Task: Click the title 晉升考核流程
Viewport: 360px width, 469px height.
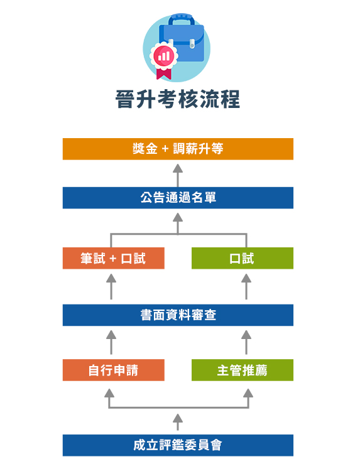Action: [178, 99]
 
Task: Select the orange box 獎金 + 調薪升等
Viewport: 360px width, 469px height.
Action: [178, 149]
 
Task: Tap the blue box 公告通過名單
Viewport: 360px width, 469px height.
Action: [178, 198]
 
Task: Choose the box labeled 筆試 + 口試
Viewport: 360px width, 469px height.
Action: [114, 258]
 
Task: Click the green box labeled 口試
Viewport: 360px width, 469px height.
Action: [243, 258]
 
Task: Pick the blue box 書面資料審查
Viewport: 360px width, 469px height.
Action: [178, 315]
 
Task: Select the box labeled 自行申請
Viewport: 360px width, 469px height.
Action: [114, 370]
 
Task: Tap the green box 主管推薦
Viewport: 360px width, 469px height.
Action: [243, 370]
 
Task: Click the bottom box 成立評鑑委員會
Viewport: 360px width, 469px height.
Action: [178, 445]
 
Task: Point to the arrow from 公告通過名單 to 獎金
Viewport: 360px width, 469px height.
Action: [178, 175]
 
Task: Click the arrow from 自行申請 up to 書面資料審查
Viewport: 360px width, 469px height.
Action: [111, 342]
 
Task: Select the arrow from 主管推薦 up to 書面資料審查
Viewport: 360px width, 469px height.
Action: [246, 342]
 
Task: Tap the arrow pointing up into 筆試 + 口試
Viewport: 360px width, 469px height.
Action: [111, 286]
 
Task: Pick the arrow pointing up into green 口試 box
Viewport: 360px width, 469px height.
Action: [246, 286]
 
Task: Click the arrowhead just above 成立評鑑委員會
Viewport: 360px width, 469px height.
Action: [178, 418]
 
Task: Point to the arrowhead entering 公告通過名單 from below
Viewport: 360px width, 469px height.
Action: [178, 217]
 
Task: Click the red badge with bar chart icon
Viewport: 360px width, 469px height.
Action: [164, 55]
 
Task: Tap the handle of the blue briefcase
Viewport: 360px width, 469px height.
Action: [182, 19]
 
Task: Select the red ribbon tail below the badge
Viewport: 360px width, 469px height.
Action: [164, 74]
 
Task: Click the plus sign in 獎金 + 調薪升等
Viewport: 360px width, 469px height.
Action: [165, 149]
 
